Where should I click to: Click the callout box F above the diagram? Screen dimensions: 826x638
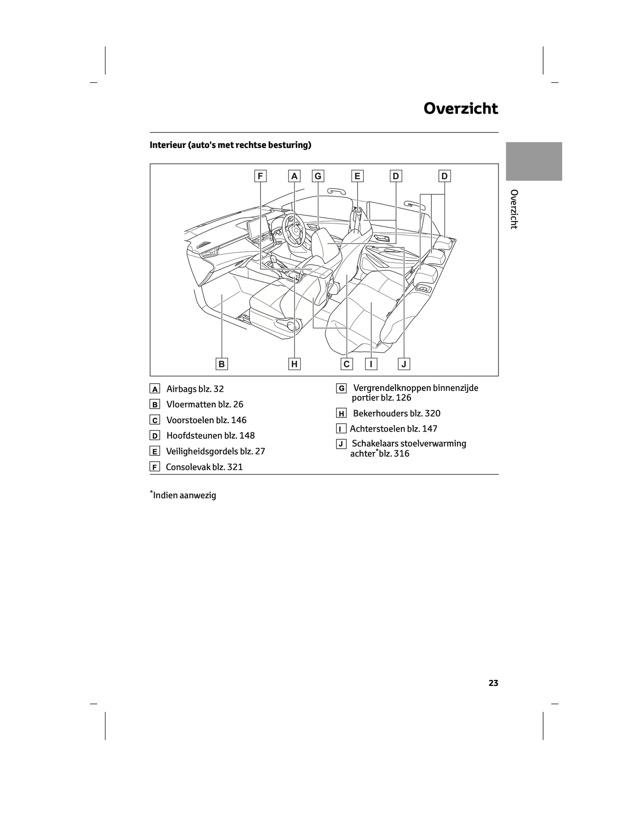tap(260, 176)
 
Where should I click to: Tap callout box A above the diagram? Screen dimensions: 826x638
tap(294, 176)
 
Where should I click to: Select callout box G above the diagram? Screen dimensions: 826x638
tap(317, 176)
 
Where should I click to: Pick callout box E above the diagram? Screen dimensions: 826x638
tap(357, 176)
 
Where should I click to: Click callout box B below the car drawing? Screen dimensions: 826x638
tap(222, 364)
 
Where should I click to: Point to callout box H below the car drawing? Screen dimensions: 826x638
tap(294, 364)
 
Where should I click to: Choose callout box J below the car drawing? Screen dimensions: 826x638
tap(404, 364)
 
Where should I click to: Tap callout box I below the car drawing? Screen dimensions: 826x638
tap(371, 364)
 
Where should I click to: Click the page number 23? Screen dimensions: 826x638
tap(493, 683)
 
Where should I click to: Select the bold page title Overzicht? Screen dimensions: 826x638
tap(461, 109)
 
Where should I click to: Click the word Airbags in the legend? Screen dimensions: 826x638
tap(181, 389)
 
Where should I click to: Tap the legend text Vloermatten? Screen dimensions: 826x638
tap(191, 405)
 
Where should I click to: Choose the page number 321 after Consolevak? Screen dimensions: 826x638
tap(235, 467)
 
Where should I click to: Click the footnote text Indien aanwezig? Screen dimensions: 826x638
tap(185, 495)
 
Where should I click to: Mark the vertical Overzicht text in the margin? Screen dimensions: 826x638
tap(513, 209)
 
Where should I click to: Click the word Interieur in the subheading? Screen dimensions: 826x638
tap(168, 145)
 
